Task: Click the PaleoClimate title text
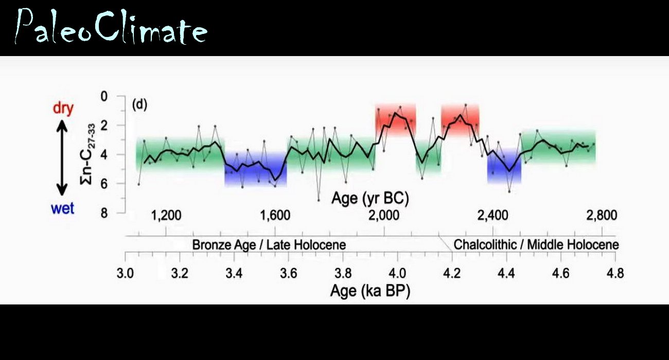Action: (111, 26)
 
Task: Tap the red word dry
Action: (63, 108)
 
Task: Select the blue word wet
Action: (63, 208)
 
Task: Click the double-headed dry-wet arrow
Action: (62, 157)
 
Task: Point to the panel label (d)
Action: (139, 104)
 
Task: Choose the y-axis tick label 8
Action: (104, 213)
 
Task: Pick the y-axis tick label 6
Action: (104, 184)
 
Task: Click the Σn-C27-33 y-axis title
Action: (87, 154)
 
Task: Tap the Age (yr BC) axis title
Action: (370, 198)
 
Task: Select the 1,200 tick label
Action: (166, 215)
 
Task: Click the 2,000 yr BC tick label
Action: (384, 215)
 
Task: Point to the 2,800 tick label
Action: (602, 215)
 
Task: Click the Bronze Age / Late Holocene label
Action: (269, 245)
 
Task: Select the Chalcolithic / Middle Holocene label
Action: (536, 245)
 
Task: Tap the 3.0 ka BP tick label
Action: (125, 273)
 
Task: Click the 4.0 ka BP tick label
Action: (397, 273)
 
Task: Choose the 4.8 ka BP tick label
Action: (615, 273)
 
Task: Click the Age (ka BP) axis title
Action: (370, 291)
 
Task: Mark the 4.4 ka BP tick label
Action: (506, 273)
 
